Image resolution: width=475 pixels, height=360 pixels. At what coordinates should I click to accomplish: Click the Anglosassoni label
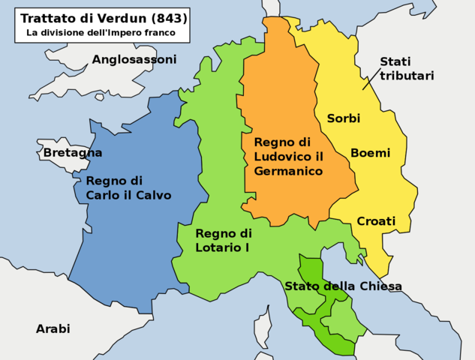pos(134,59)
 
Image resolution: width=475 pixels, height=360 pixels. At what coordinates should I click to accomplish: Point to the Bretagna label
pos(72,153)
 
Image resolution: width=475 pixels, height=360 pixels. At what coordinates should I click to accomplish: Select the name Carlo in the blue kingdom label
pos(104,195)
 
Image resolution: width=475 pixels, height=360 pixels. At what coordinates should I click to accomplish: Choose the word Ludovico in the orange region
pos(282,156)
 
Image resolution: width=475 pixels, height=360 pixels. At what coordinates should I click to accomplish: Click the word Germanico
pos(288,171)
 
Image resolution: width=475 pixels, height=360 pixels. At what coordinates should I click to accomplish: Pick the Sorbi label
pos(343,118)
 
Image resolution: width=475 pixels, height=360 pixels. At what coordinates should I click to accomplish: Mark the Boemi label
pos(370,153)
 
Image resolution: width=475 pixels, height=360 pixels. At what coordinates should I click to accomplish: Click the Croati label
pos(376,221)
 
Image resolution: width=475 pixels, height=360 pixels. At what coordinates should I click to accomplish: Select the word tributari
pos(407,76)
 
